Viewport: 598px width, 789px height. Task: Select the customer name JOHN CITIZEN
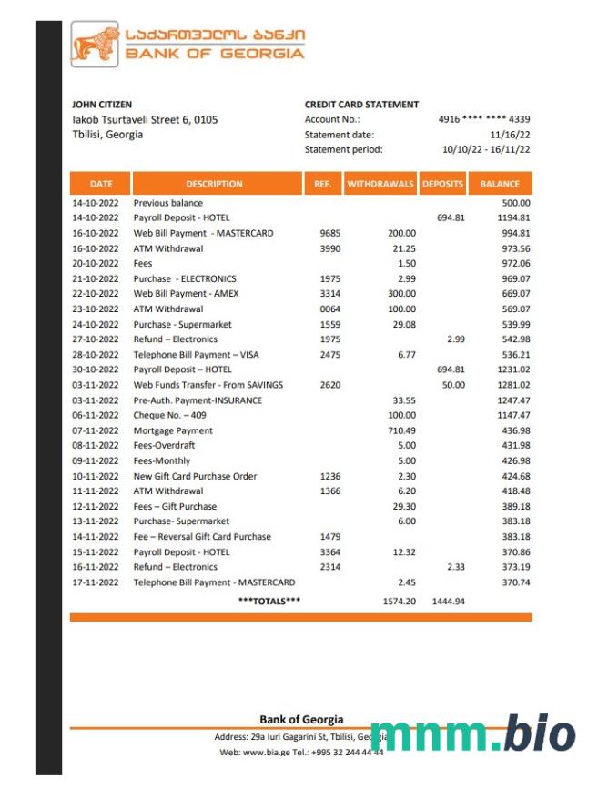pyautogui.click(x=102, y=105)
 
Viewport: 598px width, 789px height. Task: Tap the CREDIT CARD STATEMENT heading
pyautogui.click(x=361, y=105)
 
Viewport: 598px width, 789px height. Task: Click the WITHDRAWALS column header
pyautogui.click(x=380, y=184)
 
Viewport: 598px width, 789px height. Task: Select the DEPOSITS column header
pyautogui.click(x=442, y=184)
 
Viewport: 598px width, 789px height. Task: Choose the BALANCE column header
pyautogui.click(x=501, y=184)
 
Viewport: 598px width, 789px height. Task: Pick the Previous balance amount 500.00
pyautogui.click(x=515, y=203)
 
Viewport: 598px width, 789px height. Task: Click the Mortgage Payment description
pyautogui.click(x=173, y=430)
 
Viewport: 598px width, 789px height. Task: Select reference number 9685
pyautogui.click(x=330, y=233)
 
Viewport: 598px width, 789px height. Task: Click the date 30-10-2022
pyautogui.click(x=96, y=369)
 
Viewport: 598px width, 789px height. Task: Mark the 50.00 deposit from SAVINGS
pyautogui.click(x=452, y=385)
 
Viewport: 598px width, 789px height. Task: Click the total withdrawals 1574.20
pyautogui.click(x=399, y=602)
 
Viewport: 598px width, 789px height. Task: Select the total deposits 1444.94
pyautogui.click(x=448, y=602)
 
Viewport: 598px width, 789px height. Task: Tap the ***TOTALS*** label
pyautogui.click(x=269, y=602)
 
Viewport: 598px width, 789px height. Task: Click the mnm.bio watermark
pyautogui.click(x=472, y=733)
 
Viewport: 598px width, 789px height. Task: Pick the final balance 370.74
pyautogui.click(x=514, y=582)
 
